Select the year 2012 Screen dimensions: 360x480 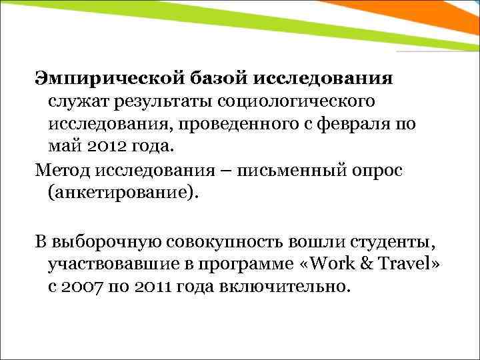pyautogui.click(x=105, y=147)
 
